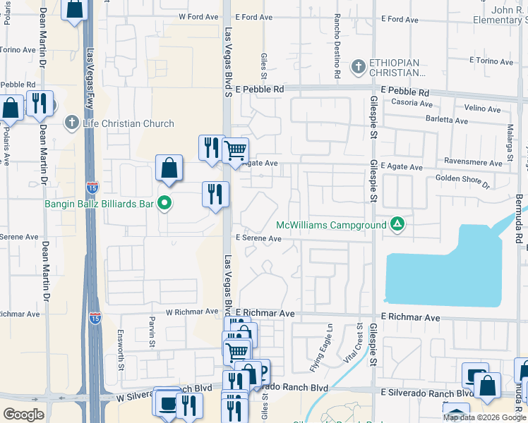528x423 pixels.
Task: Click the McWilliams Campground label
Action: (x=331, y=225)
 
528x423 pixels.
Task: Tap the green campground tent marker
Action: (x=397, y=225)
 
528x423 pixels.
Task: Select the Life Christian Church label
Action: (x=128, y=123)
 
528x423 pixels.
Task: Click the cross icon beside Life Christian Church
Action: (x=71, y=123)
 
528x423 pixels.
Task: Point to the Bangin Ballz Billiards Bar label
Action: (x=79, y=204)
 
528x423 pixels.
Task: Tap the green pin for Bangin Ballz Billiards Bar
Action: (x=165, y=204)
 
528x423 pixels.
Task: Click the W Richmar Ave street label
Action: (x=192, y=311)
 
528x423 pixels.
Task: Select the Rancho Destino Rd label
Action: (x=337, y=46)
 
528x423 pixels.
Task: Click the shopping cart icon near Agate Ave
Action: (x=235, y=149)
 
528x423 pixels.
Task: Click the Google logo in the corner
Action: (x=23, y=415)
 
